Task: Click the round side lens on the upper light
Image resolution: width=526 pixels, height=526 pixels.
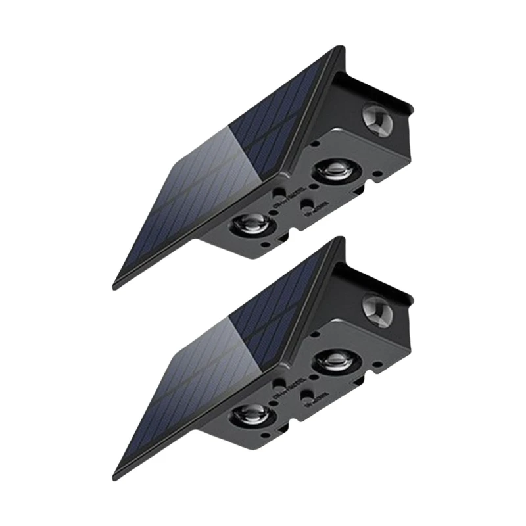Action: [377, 120]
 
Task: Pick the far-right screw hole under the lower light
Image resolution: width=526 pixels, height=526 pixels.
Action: [379, 364]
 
